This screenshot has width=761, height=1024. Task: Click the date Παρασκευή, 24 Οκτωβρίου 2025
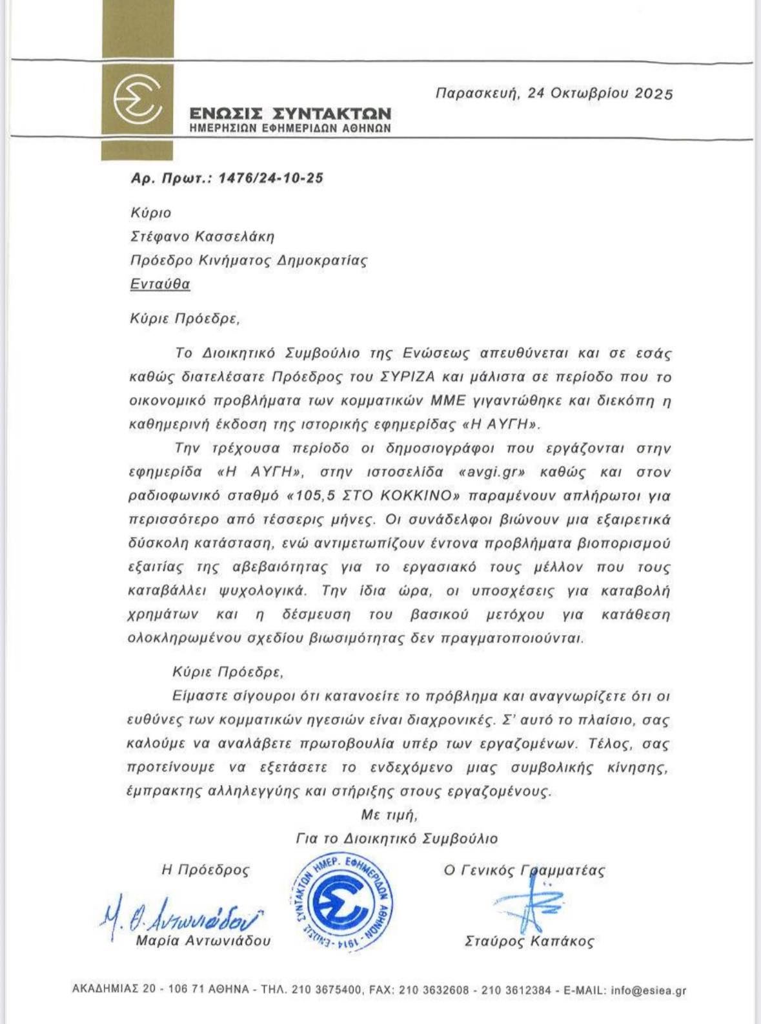coord(554,93)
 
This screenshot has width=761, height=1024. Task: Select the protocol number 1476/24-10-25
coord(271,178)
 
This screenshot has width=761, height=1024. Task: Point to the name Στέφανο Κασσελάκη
coord(203,236)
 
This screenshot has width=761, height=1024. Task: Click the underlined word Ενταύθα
coord(160,284)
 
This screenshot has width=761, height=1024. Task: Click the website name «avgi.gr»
coord(491,472)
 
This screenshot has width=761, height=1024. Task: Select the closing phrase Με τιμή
coord(389,815)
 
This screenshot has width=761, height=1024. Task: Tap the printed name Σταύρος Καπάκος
coord(529,941)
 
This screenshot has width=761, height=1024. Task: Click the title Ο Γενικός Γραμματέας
coord(523,870)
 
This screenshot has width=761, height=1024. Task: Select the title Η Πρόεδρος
coord(205,870)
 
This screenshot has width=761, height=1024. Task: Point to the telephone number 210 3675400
coord(327,990)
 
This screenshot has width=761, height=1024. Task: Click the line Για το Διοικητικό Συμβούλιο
coord(396,839)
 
